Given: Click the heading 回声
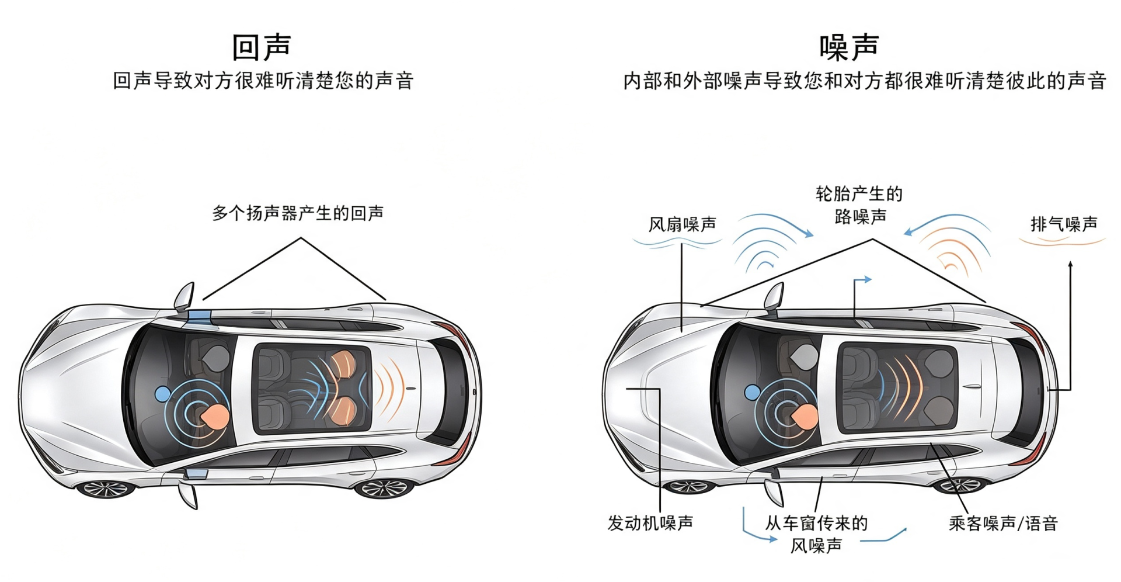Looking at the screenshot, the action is point(262,47).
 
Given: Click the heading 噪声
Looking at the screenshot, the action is point(850,47).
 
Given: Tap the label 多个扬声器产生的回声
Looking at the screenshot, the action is point(298,213).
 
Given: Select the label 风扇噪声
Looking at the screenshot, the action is point(683,224).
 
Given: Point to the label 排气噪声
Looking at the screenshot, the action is point(1064,224).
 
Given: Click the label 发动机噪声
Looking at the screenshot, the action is point(650,522).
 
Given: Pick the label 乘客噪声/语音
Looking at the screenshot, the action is point(1004,523).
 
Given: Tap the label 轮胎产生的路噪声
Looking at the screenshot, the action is point(859,205).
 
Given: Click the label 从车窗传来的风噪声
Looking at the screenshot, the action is point(816,534).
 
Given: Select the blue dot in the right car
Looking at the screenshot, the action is point(753,392).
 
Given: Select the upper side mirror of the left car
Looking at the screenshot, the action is point(184,297).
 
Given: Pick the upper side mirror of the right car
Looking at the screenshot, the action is point(774,297).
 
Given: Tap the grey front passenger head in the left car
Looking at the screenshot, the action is point(217,356).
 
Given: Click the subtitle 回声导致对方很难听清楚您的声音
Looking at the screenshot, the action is point(263,81).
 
